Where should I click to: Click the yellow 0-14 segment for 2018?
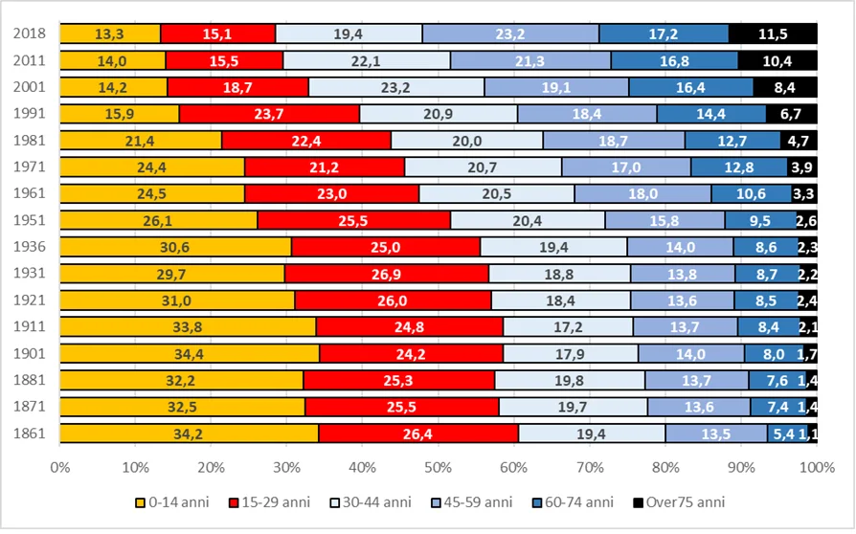click(x=110, y=33)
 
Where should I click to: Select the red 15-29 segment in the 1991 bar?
click(x=270, y=114)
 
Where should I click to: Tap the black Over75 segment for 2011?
click(x=777, y=60)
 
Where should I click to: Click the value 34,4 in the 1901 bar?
click(x=189, y=354)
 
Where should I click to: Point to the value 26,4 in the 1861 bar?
click(x=417, y=434)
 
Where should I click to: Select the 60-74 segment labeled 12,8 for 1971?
click(x=739, y=167)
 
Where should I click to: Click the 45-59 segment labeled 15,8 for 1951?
click(x=665, y=220)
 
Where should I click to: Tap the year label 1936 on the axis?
click(x=30, y=247)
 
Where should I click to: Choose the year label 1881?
click(x=30, y=380)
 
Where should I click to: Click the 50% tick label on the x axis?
click(x=439, y=468)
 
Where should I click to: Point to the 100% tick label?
click(x=818, y=468)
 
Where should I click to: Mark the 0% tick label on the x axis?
click(x=60, y=468)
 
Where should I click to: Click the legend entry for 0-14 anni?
click(x=172, y=502)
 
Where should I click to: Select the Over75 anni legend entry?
click(x=679, y=502)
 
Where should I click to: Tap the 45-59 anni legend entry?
click(x=472, y=502)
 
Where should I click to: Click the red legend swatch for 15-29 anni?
click(x=235, y=503)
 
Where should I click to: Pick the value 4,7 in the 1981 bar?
click(x=799, y=141)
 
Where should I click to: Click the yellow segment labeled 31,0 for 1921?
click(x=177, y=300)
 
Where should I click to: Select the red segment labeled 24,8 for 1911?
click(x=410, y=327)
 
